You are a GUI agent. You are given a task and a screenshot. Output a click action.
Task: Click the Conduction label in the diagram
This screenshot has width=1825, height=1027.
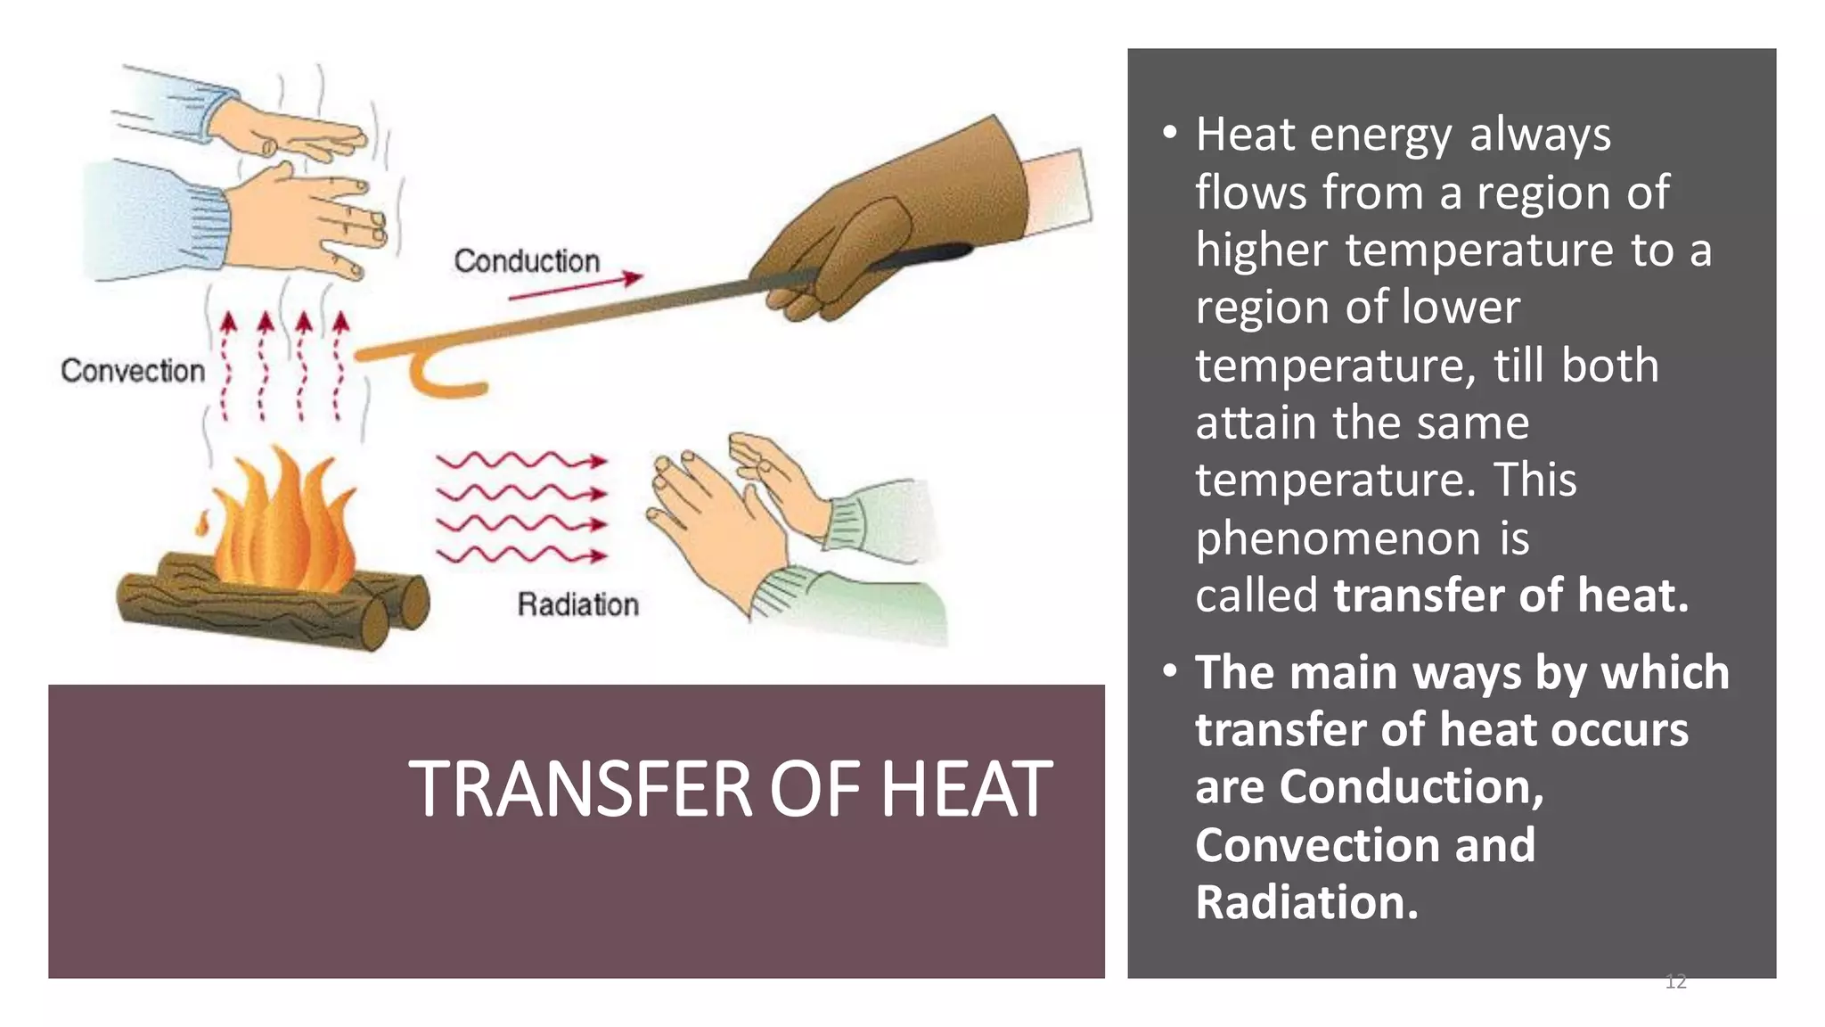pos(527,261)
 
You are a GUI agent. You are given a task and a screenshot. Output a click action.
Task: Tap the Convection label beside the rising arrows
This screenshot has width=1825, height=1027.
pos(133,371)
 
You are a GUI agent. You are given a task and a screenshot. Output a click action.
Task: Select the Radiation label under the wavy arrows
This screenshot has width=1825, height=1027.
pos(578,604)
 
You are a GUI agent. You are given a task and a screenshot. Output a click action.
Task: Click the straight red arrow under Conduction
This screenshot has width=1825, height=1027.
pos(576,286)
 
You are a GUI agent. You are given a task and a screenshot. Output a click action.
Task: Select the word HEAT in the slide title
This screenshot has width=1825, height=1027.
pos(966,790)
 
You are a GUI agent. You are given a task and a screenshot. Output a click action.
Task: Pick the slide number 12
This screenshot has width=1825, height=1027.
pos(1675,982)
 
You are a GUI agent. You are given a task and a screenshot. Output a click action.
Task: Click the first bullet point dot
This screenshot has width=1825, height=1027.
pos(1170,135)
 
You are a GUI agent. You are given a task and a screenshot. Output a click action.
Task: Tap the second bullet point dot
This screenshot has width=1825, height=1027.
pos(1170,672)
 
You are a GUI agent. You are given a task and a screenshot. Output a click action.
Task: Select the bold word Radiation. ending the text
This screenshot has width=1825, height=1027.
pos(1306,902)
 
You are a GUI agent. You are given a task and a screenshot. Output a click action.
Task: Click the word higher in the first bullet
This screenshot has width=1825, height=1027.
pos(1261,250)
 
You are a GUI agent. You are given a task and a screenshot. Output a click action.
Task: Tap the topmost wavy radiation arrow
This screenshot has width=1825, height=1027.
pos(520,461)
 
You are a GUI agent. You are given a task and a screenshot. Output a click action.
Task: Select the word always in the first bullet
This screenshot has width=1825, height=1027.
pos(1540,136)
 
